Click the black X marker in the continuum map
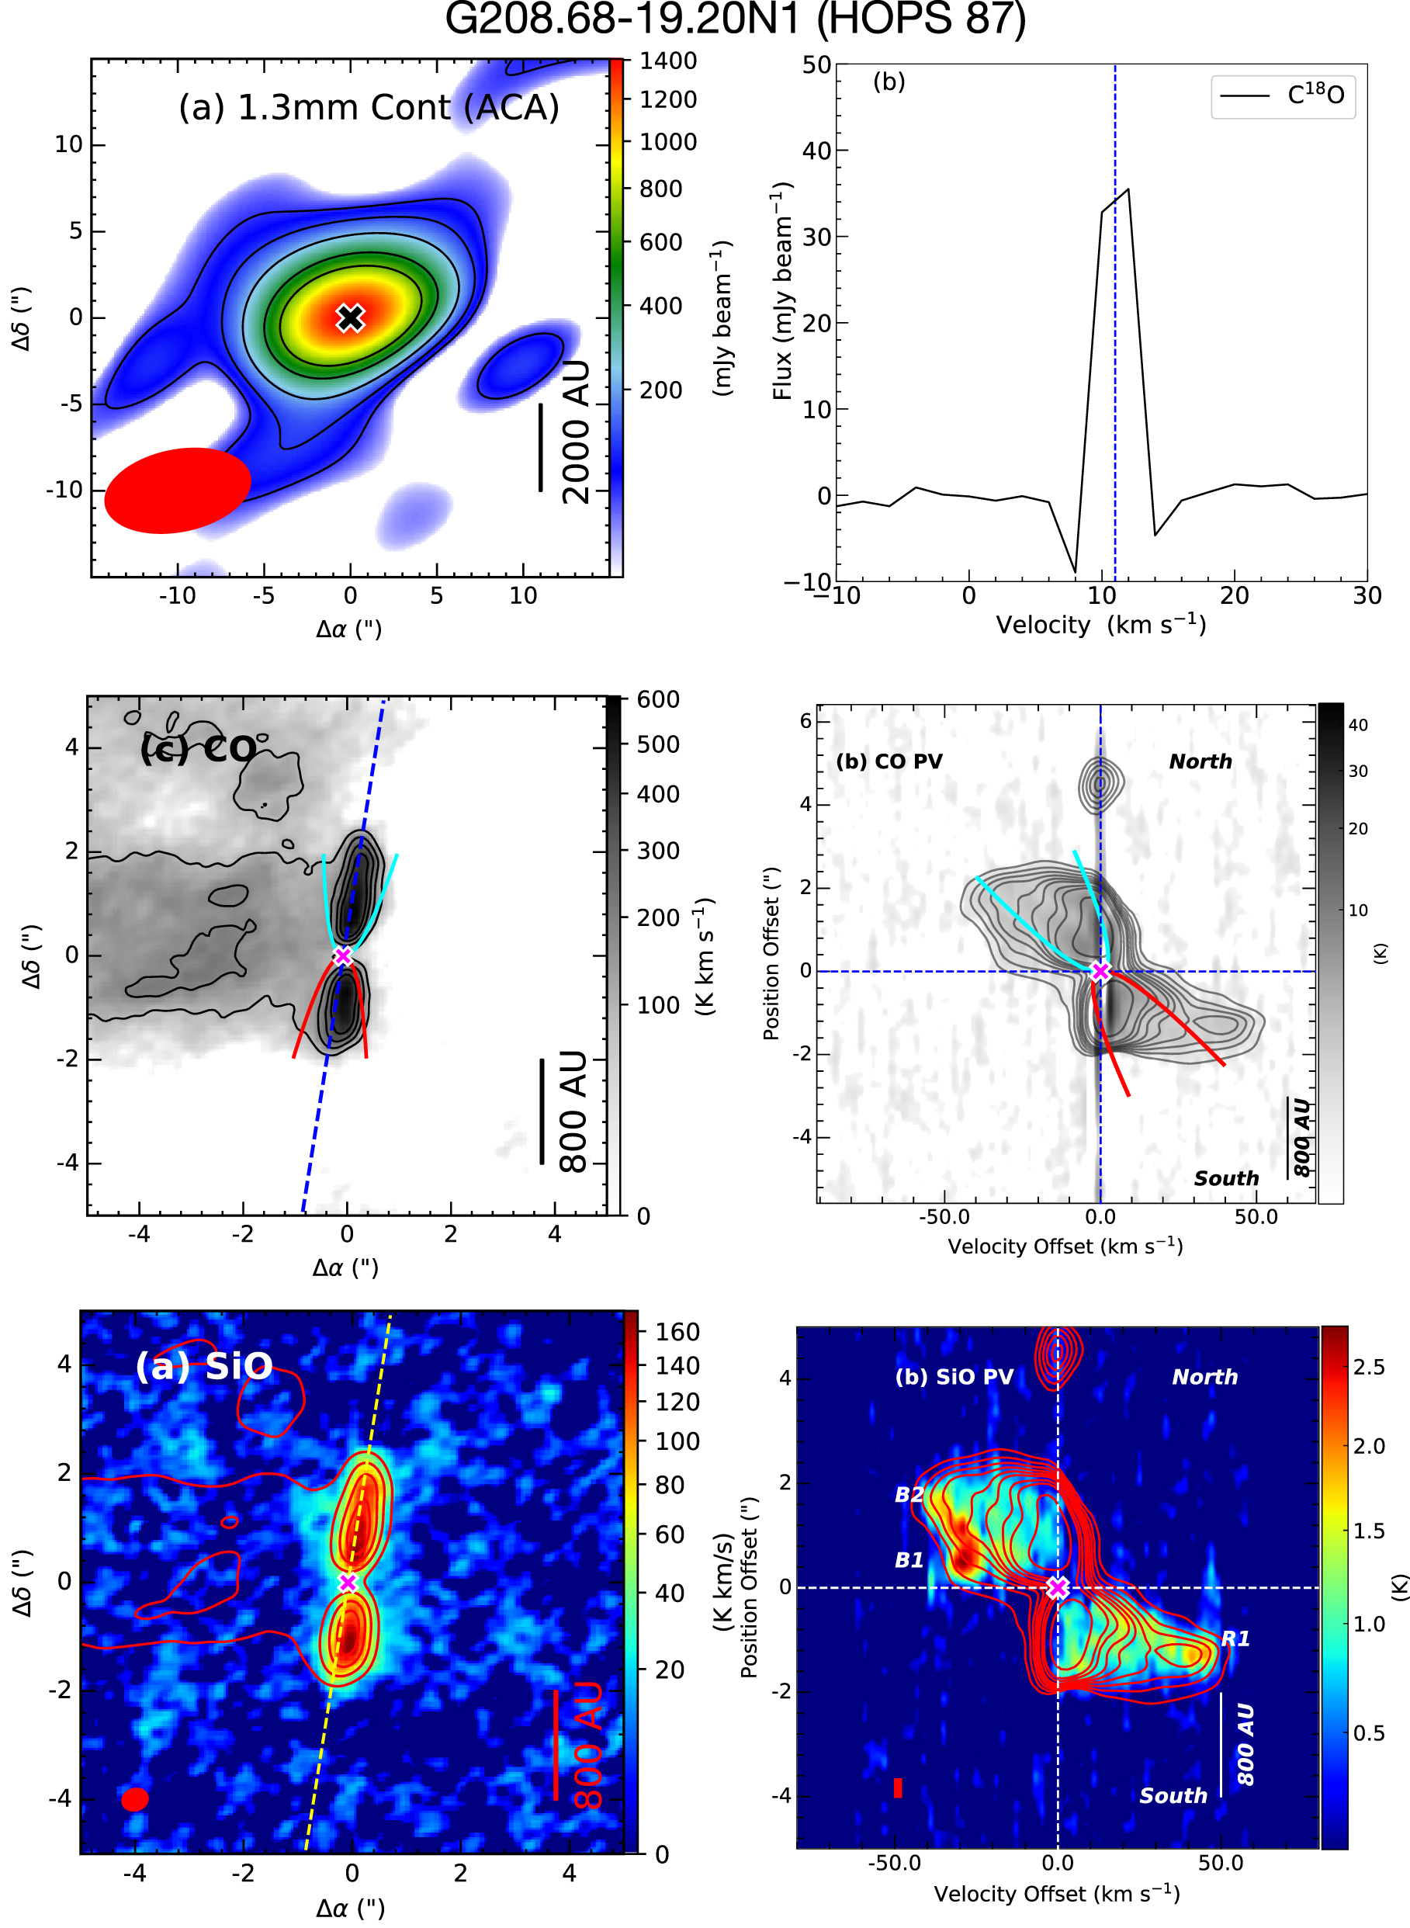coord(350,317)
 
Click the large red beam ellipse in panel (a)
coord(178,490)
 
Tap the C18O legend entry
coord(1283,95)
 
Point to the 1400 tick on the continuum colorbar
coord(668,61)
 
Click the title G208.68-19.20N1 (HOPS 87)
coord(735,19)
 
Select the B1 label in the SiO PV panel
coord(909,1560)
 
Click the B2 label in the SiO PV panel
coord(909,1494)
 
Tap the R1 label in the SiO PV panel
coord(1235,1638)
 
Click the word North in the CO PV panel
coord(1200,761)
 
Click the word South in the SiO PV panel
coord(1173,1796)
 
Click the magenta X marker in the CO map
coord(343,956)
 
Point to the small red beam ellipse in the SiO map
coord(135,1799)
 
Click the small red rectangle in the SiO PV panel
coord(898,1788)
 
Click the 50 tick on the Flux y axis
coord(817,65)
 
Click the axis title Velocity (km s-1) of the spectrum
coord(1101,625)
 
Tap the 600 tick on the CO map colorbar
coord(658,699)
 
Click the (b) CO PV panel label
coord(889,761)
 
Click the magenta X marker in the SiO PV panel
coord(1058,1588)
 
